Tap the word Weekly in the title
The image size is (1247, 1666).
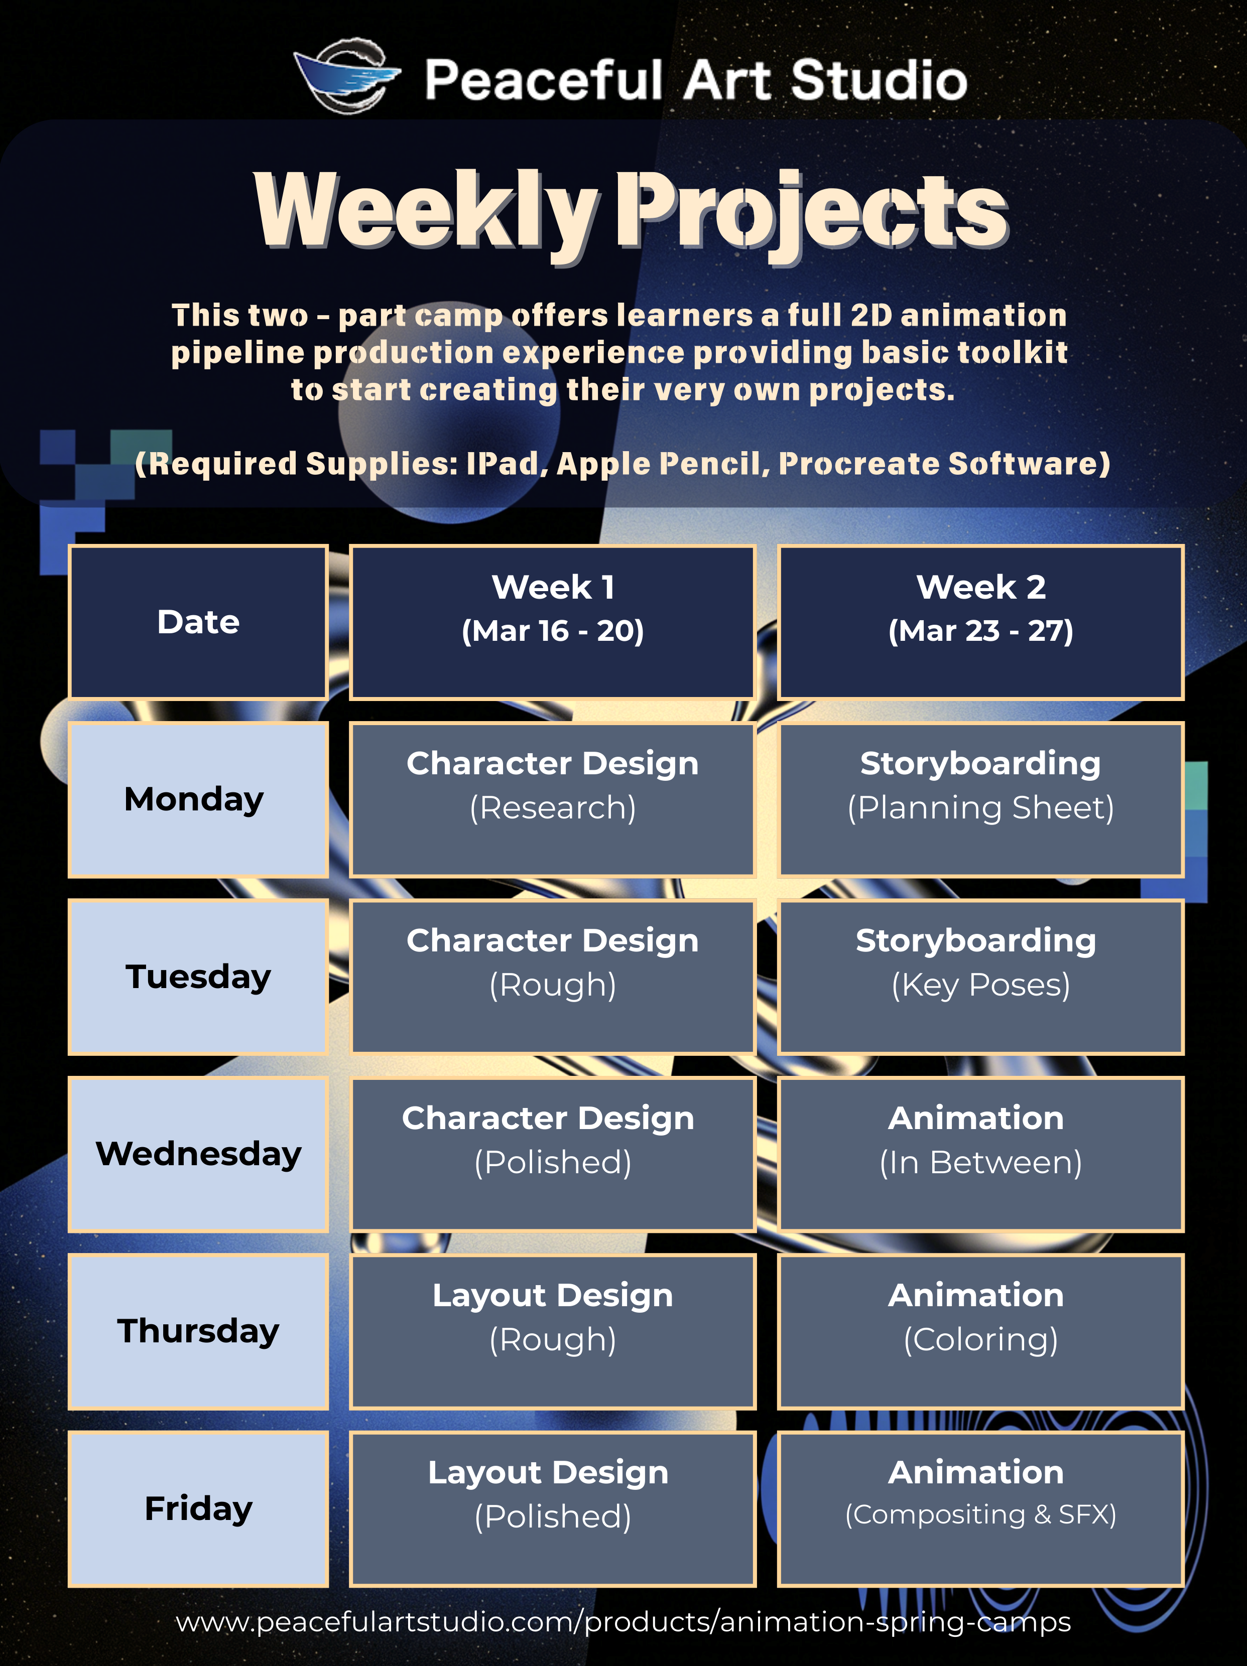click(427, 211)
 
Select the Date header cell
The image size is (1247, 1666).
click(198, 622)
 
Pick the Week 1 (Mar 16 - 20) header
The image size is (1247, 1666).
click(552, 622)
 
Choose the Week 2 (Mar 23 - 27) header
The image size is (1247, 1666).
click(980, 622)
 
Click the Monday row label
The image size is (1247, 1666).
click(198, 799)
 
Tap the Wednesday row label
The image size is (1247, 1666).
click(198, 1154)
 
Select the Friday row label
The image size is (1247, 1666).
click(198, 1508)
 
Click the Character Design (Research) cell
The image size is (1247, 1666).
click(552, 799)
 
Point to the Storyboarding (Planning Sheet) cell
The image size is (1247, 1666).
click(980, 799)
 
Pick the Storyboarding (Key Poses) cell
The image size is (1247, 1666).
click(980, 977)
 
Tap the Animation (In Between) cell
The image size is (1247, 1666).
click(980, 1154)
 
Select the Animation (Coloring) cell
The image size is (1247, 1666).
click(980, 1332)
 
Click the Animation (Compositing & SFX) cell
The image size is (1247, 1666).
click(980, 1508)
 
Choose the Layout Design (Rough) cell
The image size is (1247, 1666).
click(552, 1332)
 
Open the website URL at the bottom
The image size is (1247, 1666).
click(623, 1621)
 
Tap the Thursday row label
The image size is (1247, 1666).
click(198, 1332)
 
